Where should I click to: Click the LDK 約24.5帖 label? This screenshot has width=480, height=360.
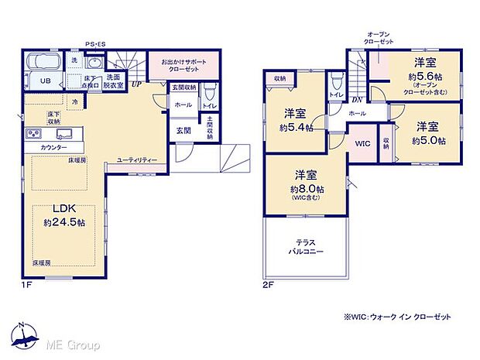coord(64,215)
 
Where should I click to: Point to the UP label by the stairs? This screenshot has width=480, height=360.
coord(136,84)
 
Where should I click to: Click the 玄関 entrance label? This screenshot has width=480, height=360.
coord(183,129)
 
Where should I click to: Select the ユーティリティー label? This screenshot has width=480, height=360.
coord(137,159)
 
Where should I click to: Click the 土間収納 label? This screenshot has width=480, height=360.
coord(210,129)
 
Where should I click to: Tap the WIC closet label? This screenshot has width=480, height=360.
coord(362,144)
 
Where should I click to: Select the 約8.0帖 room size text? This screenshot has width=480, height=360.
coord(306,189)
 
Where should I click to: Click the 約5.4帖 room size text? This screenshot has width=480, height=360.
coord(297,128)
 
